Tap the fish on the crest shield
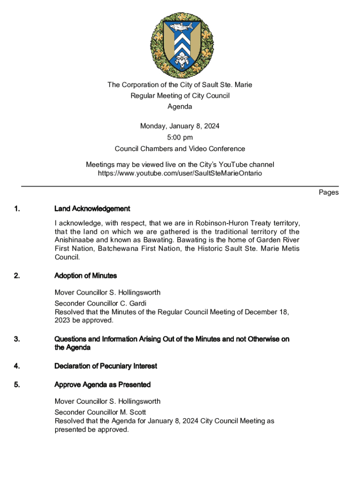(x=180, y=27)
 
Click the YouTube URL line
(x=180, y=173)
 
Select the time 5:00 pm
(x=180, y=138)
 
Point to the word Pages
(x=329, y=192)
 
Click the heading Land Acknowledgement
(x=92, y=209)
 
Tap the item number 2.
(x=17, y=276)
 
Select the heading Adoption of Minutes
(x=86, y=276)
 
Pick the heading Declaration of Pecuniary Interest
(x=106, y=366)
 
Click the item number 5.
(x=17, y=385)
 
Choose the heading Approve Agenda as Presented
(x=102, y=385)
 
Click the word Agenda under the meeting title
(x=180, y=107)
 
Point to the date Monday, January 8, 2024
(x=180, y=126)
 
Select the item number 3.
(x=17, y=339)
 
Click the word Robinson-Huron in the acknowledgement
(x=219, y=223)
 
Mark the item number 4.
(x=17, y=366)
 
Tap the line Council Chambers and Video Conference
(x=180, y=149)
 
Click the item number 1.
(x=17, y=209)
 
